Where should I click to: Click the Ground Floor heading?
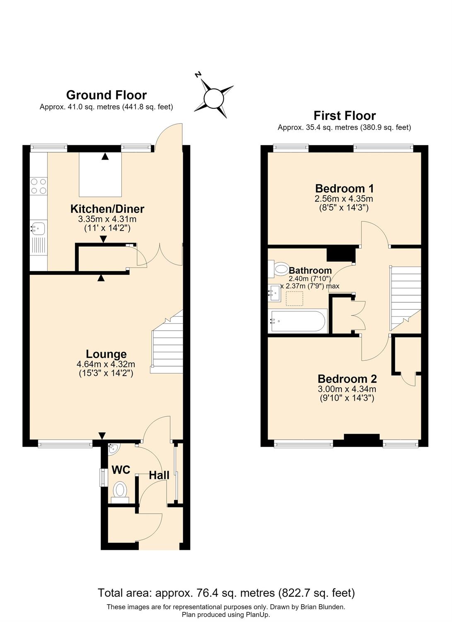106,95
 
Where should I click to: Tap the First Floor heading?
345,116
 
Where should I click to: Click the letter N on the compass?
198,75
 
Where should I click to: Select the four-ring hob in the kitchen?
39,186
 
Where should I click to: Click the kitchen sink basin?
38,228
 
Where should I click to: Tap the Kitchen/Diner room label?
107,209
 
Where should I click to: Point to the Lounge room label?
106,354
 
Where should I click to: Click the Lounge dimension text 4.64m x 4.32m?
106,364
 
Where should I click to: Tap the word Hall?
159,475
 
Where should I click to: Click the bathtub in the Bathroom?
298,321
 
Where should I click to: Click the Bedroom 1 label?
344,189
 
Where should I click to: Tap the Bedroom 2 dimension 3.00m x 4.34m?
347,389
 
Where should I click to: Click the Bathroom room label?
310,270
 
